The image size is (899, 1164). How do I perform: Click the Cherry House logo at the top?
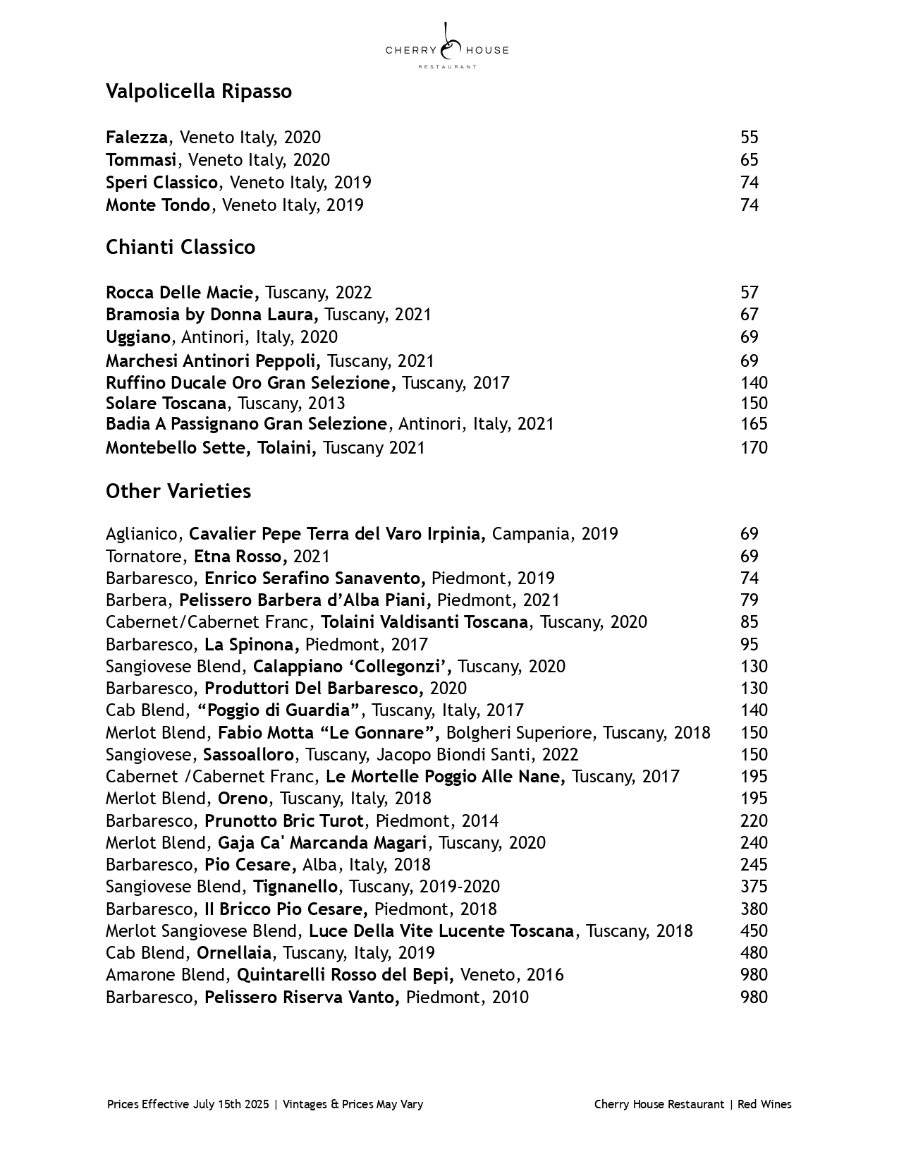click(x=447, y=47)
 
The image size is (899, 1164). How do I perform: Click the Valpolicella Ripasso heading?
click(x=198, y=92)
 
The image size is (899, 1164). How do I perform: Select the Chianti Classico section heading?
click(x=180, y=248)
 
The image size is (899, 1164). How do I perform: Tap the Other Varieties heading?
click(x=178, y=491)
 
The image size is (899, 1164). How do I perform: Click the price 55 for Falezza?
click(x=749, y=138)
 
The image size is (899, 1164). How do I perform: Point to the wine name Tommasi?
click(x=140, y=160)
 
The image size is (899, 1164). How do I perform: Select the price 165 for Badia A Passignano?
click(x=753, y=424)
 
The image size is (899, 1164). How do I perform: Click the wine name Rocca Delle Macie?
click(x=182, y=293)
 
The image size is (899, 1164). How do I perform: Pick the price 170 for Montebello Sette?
click(x=753, y=448)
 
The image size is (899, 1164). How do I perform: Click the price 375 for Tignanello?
click(x=753, y=887)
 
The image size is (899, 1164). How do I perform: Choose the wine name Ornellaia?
click(x=233, y=953)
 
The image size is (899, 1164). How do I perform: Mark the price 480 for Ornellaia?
click(x=753, y=953)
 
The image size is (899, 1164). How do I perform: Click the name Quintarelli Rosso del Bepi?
click(x=348, y=975)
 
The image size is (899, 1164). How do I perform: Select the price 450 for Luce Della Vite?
click(x=753, y=931)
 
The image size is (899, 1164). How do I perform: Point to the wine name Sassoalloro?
click(x=248, y=755)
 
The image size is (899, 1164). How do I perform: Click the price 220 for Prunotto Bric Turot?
click(x=753, y=821)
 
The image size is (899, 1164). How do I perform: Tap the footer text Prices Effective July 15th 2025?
click(x=188, y=1105)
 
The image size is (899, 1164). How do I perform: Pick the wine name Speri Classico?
click(x=161, y=183)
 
